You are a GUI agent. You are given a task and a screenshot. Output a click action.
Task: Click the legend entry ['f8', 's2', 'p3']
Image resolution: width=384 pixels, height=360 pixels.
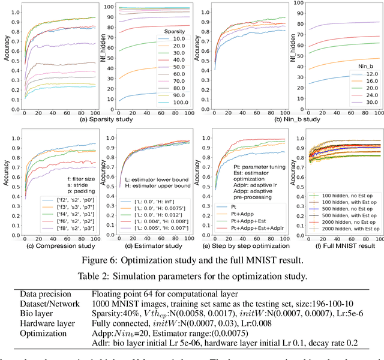click(67, 229)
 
